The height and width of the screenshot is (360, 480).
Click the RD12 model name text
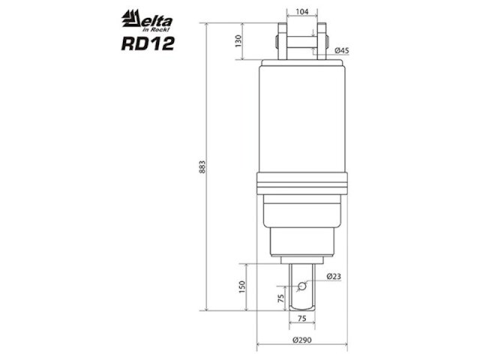(x=147, y=43)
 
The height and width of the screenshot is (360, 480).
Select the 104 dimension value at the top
(x=302, y=13)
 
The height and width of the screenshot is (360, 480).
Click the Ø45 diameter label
(x=341, y=50)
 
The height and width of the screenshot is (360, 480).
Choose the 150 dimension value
(x=241, y=286)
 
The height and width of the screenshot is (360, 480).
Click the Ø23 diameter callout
(x=334, y=277)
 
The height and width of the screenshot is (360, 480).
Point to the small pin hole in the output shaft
(x=301, y=286)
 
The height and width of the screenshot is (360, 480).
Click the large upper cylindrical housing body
(x=302, y=120)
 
